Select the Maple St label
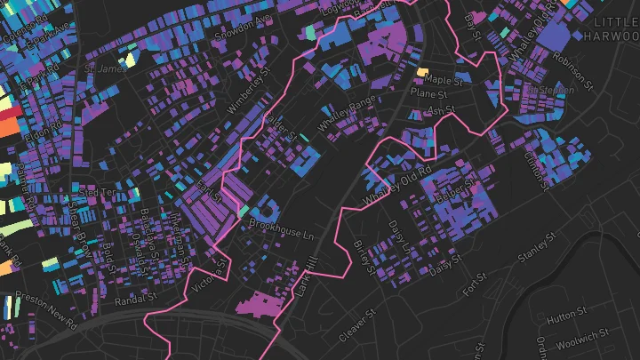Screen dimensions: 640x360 [444, 79]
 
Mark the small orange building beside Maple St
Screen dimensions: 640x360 [423, 70]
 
